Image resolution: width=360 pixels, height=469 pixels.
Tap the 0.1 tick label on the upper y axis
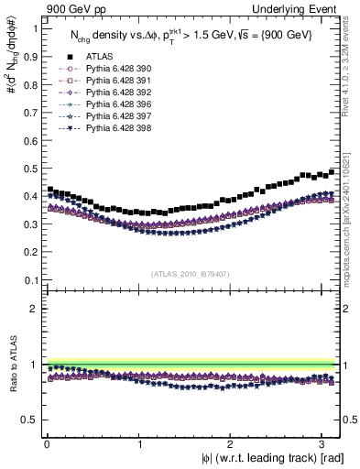29,280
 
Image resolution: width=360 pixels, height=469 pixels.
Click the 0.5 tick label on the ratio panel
29,420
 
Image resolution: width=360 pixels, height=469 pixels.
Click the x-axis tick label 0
47,444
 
